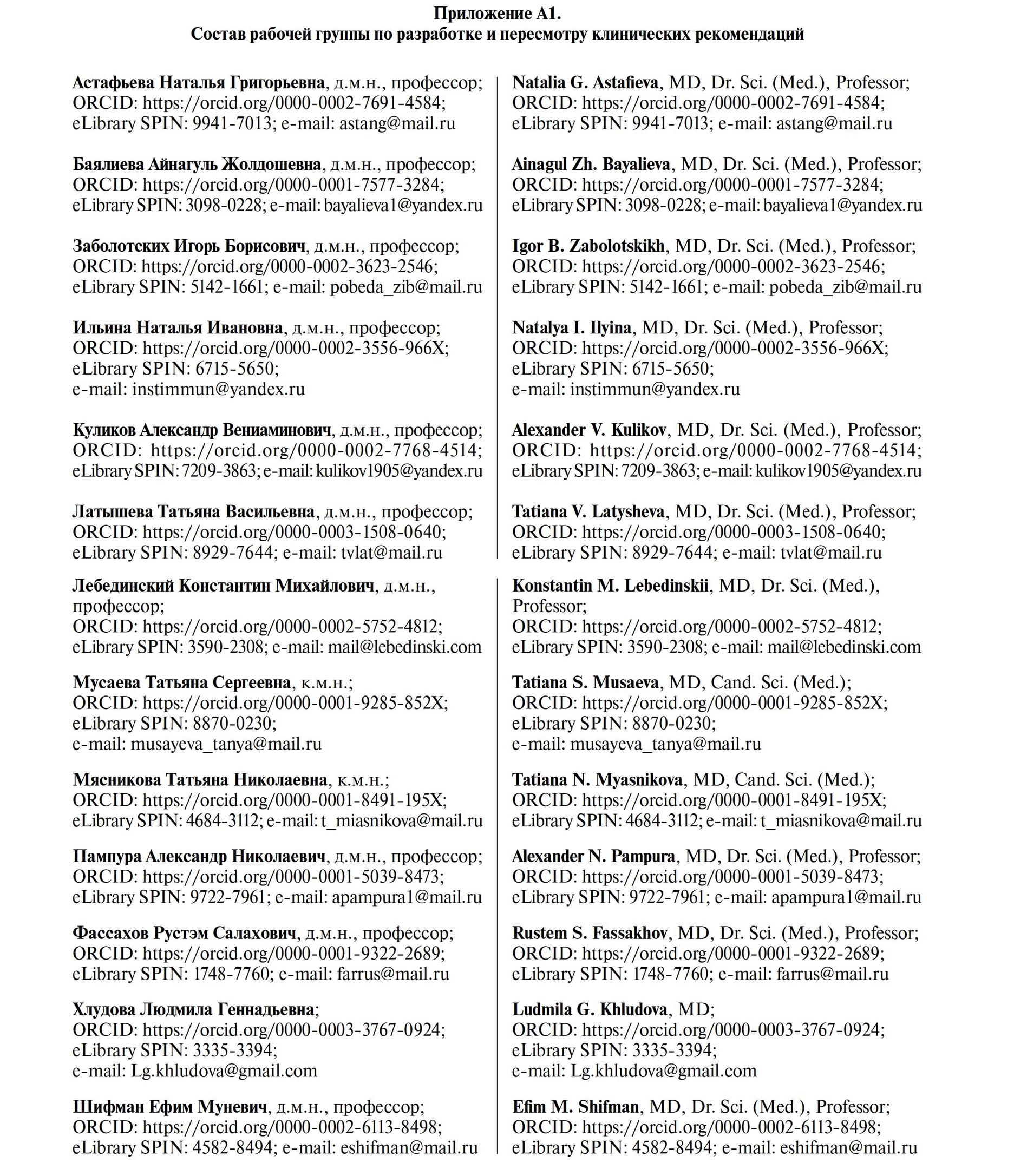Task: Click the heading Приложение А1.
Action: point(497,13)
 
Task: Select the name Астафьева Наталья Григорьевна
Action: point(199,83)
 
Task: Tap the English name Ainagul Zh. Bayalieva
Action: point(591,165)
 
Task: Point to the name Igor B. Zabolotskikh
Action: point(588,246)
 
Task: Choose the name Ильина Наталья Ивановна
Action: point(178,328)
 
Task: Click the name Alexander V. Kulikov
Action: point(589,430)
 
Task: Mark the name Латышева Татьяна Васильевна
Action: point(193,512)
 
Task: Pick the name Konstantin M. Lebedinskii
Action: point(610,586)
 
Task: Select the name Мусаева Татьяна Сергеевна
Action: point(182,682)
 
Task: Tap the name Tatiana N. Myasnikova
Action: point(597,780)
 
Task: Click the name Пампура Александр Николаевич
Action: point(199,856)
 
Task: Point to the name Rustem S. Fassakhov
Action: point(589,932)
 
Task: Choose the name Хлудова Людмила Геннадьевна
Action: point(193,1009)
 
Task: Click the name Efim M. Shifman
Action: point(575,1106)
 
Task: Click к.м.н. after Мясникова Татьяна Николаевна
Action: point(362,780)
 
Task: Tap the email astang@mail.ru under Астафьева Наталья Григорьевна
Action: point(397,124)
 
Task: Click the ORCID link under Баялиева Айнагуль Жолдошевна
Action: point(291,185)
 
